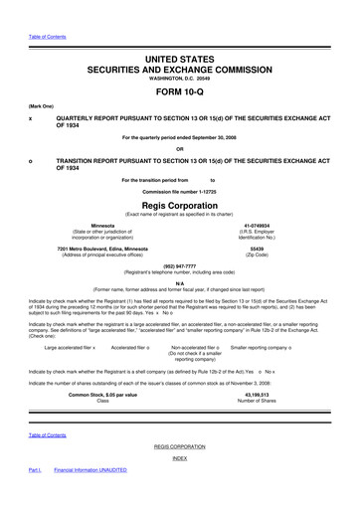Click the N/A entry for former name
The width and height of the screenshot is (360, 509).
tap(179, 284)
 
